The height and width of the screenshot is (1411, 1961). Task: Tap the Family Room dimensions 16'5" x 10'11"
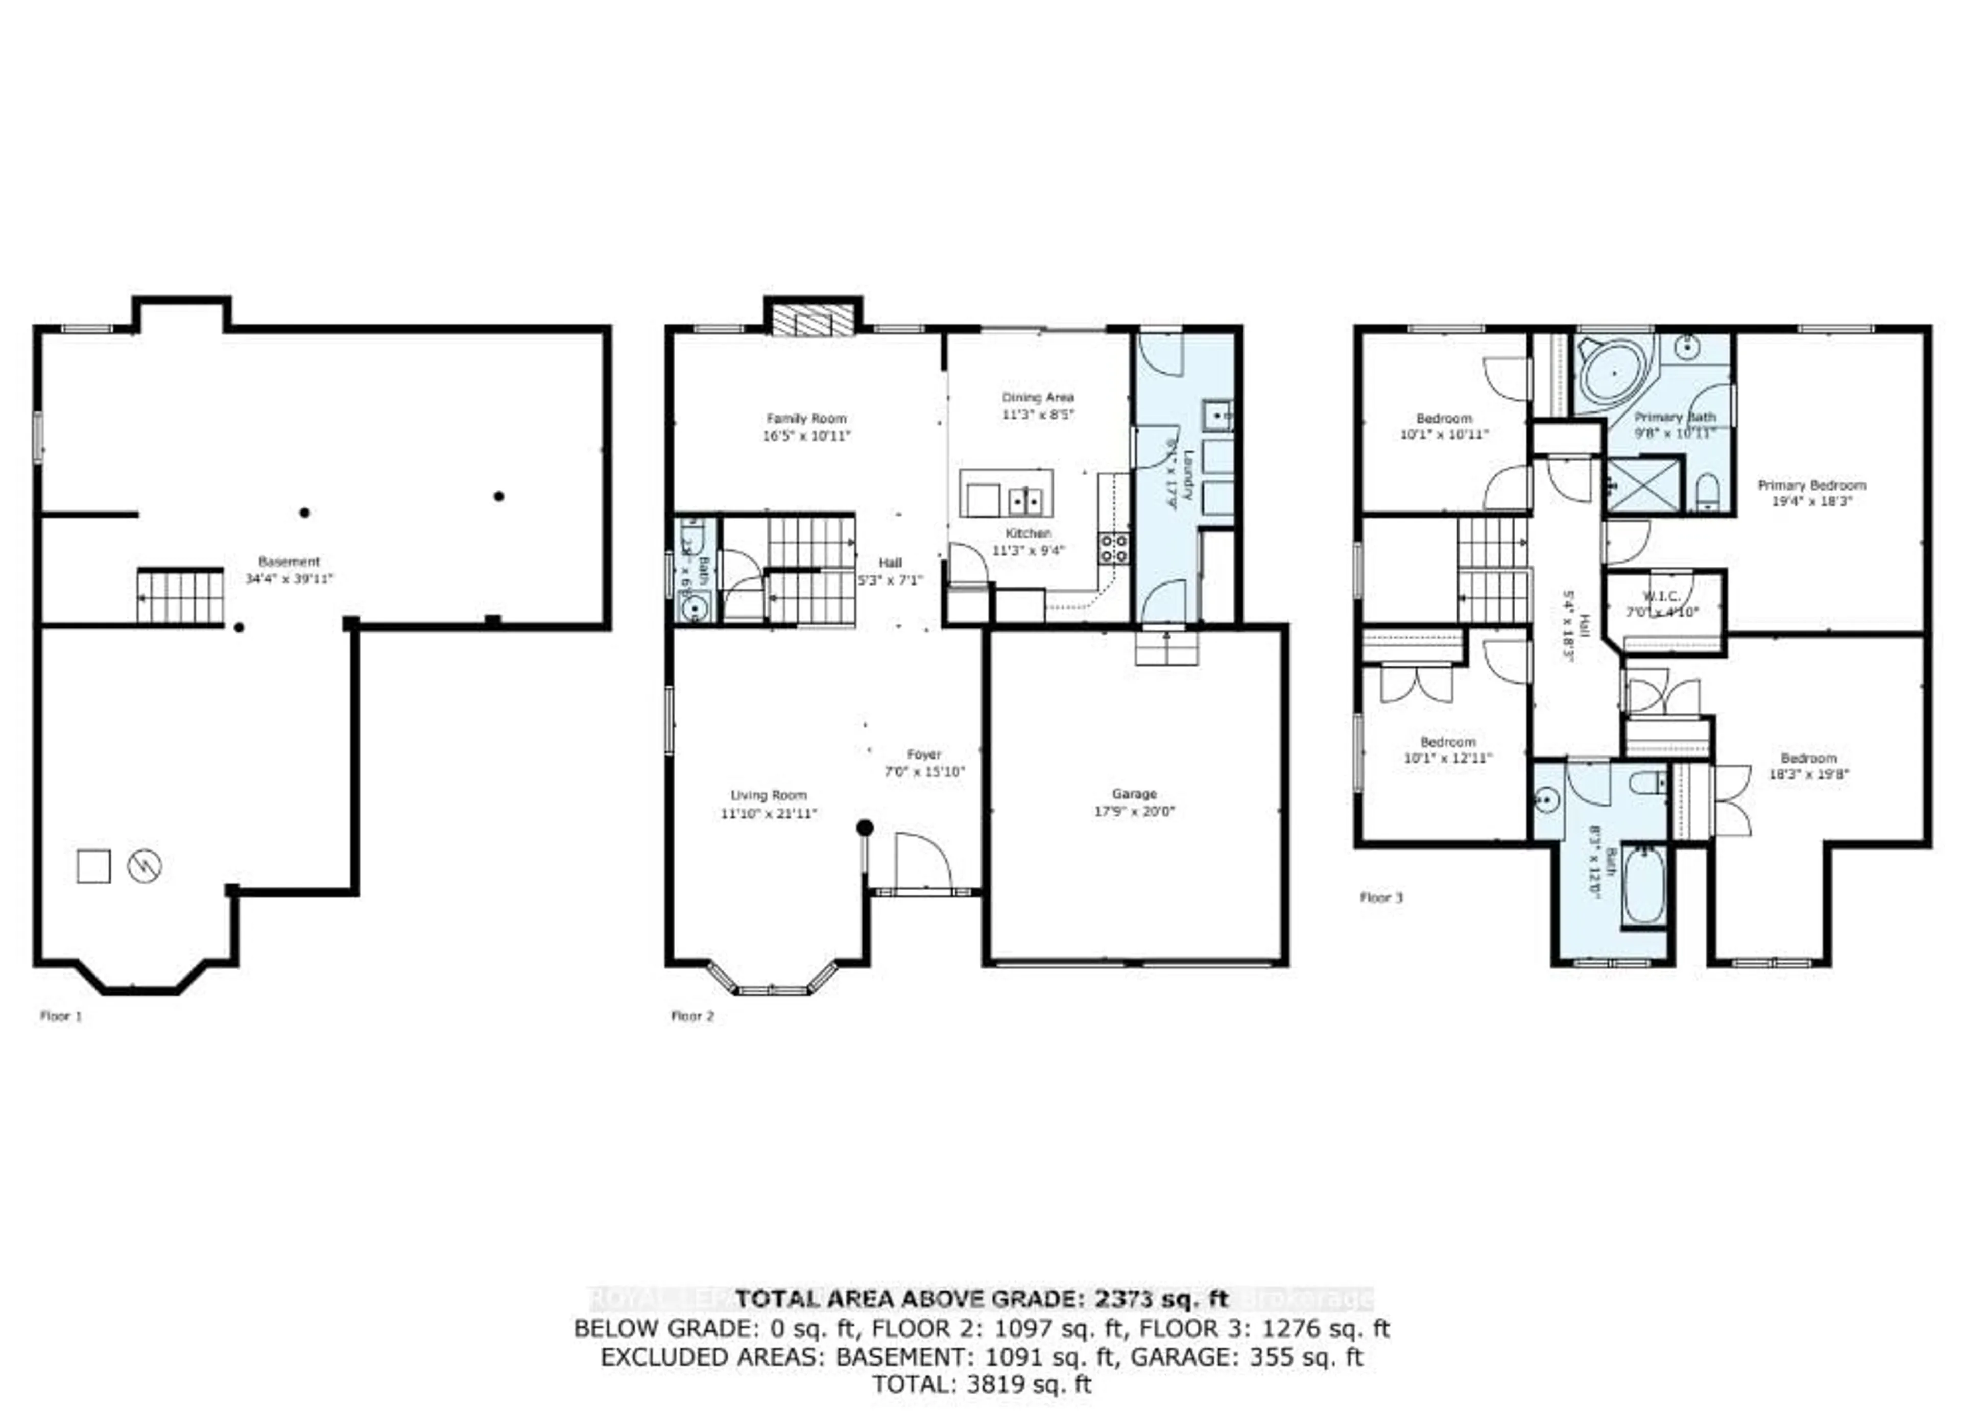point(806,436)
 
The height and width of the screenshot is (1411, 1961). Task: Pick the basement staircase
point(180,597)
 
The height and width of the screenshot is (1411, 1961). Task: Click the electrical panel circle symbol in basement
point(145,865)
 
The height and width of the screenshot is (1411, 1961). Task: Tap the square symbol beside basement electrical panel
point(93,865)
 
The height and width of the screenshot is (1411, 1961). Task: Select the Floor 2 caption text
point(692,1016)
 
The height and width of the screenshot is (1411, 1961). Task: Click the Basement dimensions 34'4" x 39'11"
point(289,578)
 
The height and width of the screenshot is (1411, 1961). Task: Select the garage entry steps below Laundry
point(1166,648)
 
